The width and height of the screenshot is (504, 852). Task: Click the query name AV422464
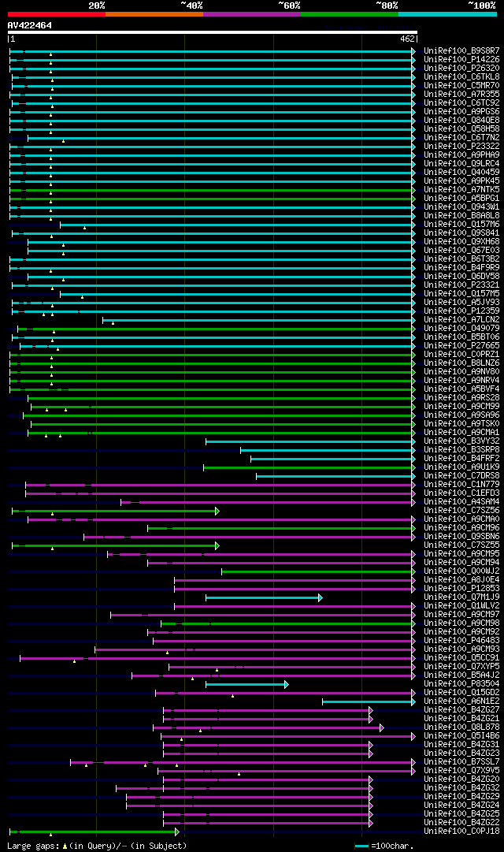click(x=30, y=25)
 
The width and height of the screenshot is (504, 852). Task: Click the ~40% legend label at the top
click(x=191, y=5)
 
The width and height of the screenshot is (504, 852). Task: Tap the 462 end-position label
click(x=408, y=39)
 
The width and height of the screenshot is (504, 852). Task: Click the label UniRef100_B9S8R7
click(x=461, y=50)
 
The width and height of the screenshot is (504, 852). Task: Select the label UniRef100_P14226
click(x=461, y=59)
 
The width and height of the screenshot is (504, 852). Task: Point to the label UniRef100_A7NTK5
click(x=461, y=189)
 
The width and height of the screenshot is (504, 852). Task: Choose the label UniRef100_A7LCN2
click(x=461, y=319)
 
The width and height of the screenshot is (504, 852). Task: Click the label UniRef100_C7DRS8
click(x=461, y=475)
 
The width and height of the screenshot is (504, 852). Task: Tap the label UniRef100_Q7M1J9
click(x=461, y=597)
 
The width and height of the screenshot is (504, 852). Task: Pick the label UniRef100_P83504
click(x=461, y=683)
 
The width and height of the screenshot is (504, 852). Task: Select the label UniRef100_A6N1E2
click(x=461, y=701)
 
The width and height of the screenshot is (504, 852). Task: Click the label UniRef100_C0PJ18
click(x=461, y=831)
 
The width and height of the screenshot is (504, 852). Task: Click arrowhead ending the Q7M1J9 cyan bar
click(x=321, y=597)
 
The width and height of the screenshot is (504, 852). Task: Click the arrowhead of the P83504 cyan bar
click(x=287, y=684)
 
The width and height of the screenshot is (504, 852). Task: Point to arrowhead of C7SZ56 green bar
click(x=217, y=511)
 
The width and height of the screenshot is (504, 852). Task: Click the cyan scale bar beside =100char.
click(x=362, y=846)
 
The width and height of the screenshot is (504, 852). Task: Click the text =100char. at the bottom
click(x=391, y=846)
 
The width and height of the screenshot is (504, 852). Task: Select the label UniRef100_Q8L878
click(x=461, y=727)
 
